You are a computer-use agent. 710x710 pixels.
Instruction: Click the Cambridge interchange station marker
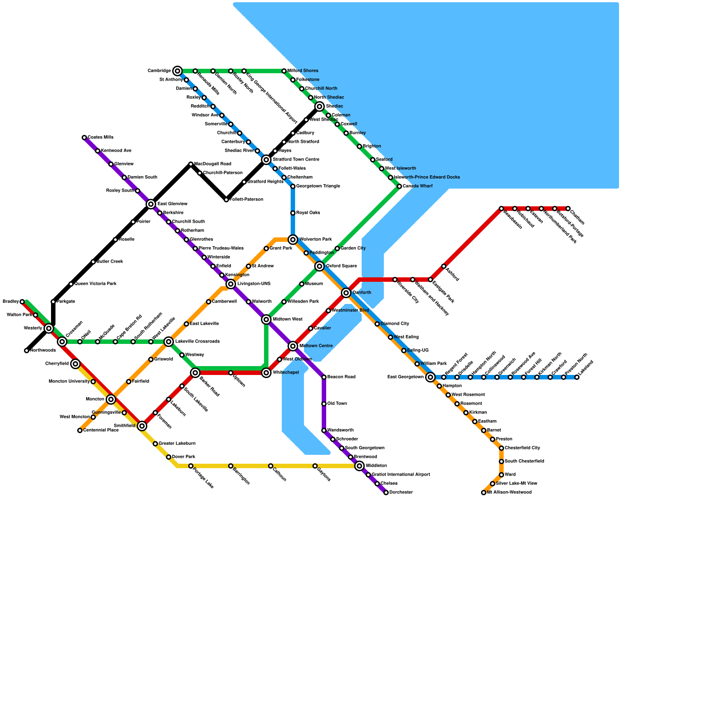(x=177, y=71)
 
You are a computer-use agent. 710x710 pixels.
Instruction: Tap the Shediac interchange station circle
(x=319, y=106)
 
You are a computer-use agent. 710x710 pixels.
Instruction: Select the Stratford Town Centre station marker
(x=266, y=160)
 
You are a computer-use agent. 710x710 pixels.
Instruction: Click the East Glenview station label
(x=172, y=204)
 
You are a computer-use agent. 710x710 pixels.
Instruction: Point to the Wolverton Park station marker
(x=293, y=240)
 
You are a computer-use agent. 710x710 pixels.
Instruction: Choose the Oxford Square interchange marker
(x=319, y=266)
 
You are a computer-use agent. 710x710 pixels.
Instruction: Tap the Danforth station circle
(x=346, y=293)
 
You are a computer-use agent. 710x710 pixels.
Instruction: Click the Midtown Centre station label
(x=316, y=346)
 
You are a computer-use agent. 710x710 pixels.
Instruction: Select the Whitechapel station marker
(x=266, y=373)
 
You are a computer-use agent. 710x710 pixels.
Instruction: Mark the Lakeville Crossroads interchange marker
(x=169, y=342)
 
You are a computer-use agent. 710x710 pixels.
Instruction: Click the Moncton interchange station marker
(x=111, y=399)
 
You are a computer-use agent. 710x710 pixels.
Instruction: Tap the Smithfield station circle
(x=142, y=426)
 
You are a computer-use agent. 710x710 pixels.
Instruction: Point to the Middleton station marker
(x=359, y=466)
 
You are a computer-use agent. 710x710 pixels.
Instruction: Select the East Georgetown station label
(x=405, y=377)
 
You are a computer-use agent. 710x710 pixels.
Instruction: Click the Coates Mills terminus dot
(x=84, y=138)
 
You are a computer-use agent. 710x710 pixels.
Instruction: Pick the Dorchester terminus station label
(x=401, y=493)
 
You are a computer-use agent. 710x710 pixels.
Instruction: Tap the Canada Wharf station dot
(x=399, y=186)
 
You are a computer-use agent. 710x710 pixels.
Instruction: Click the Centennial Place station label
(x=101, y=430)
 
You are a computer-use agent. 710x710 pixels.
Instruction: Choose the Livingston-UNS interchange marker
(x=231, y=284)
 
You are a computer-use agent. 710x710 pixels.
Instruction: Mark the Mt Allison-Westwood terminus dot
(x=484, y=493)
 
